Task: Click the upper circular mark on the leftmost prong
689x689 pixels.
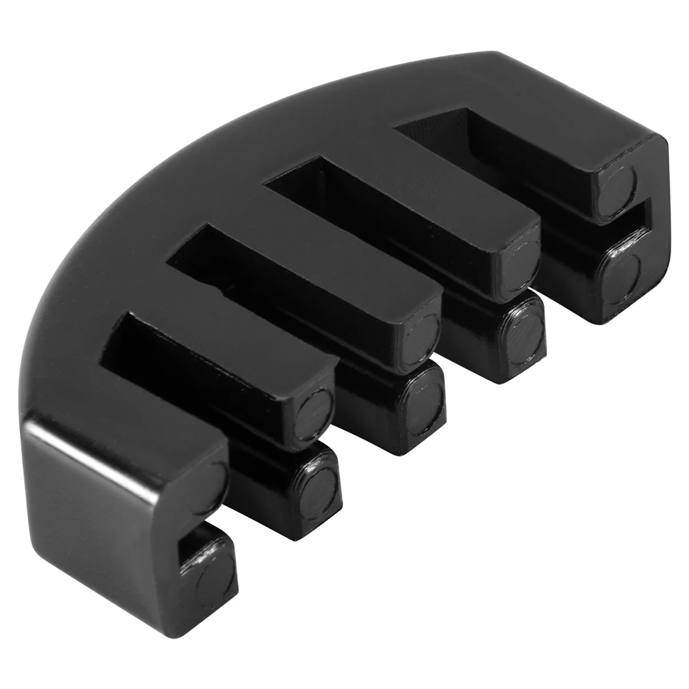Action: coord(218,474)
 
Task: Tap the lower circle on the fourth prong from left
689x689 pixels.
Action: coord(524,330)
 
